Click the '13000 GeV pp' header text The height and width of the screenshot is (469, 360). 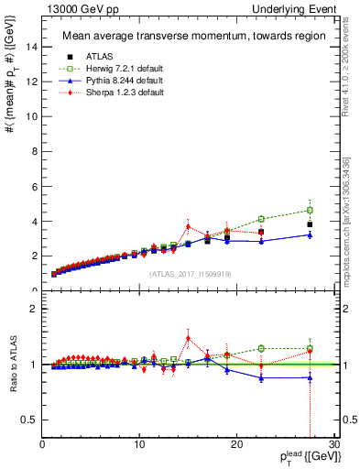(x=68, y=9)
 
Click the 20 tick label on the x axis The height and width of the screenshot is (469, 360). (x=235, y=444)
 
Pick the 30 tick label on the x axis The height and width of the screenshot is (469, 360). (x=333, y=444)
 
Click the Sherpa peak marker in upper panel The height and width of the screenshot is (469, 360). (x=188, y=226)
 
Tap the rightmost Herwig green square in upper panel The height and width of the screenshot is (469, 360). (x=310, y=210)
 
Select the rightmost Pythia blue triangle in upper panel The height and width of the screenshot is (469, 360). (x=310, y=234)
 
